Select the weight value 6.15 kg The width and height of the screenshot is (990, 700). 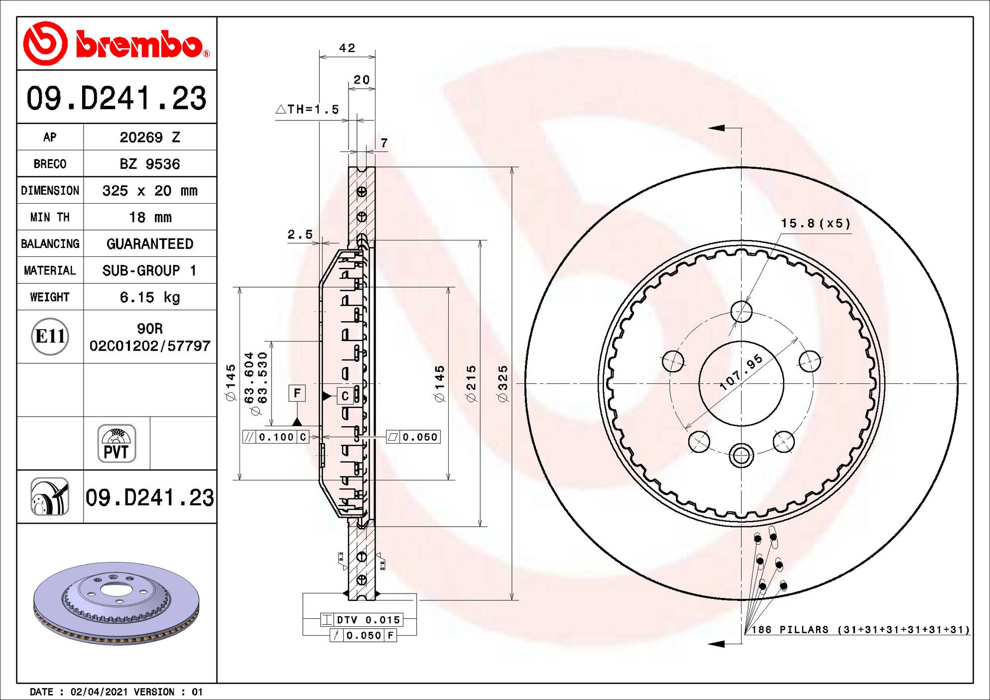coord(150,297)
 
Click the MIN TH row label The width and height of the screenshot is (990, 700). coord(50,218)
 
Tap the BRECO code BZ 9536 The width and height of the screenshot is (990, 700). coord(150,164)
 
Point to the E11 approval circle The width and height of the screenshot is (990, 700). coord(50,337)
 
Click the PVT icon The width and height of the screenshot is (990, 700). coord(117,444)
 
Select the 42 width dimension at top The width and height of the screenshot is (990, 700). coord(347,48)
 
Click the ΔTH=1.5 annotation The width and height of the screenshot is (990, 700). coord(307,109)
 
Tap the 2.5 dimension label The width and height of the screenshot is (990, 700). coord(300,234)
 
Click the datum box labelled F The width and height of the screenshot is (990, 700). coord(297,393)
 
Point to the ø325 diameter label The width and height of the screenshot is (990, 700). coord(503,383)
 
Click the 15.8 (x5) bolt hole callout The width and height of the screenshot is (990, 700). coord(815,223)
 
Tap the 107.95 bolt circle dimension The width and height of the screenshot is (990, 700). coord(742,371)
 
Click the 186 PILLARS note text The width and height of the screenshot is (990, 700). coord(861,630)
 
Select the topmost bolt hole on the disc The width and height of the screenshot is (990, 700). coord(741,312)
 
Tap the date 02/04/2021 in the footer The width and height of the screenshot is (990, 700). coord(99,692)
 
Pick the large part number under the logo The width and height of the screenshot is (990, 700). coord(117,98)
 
